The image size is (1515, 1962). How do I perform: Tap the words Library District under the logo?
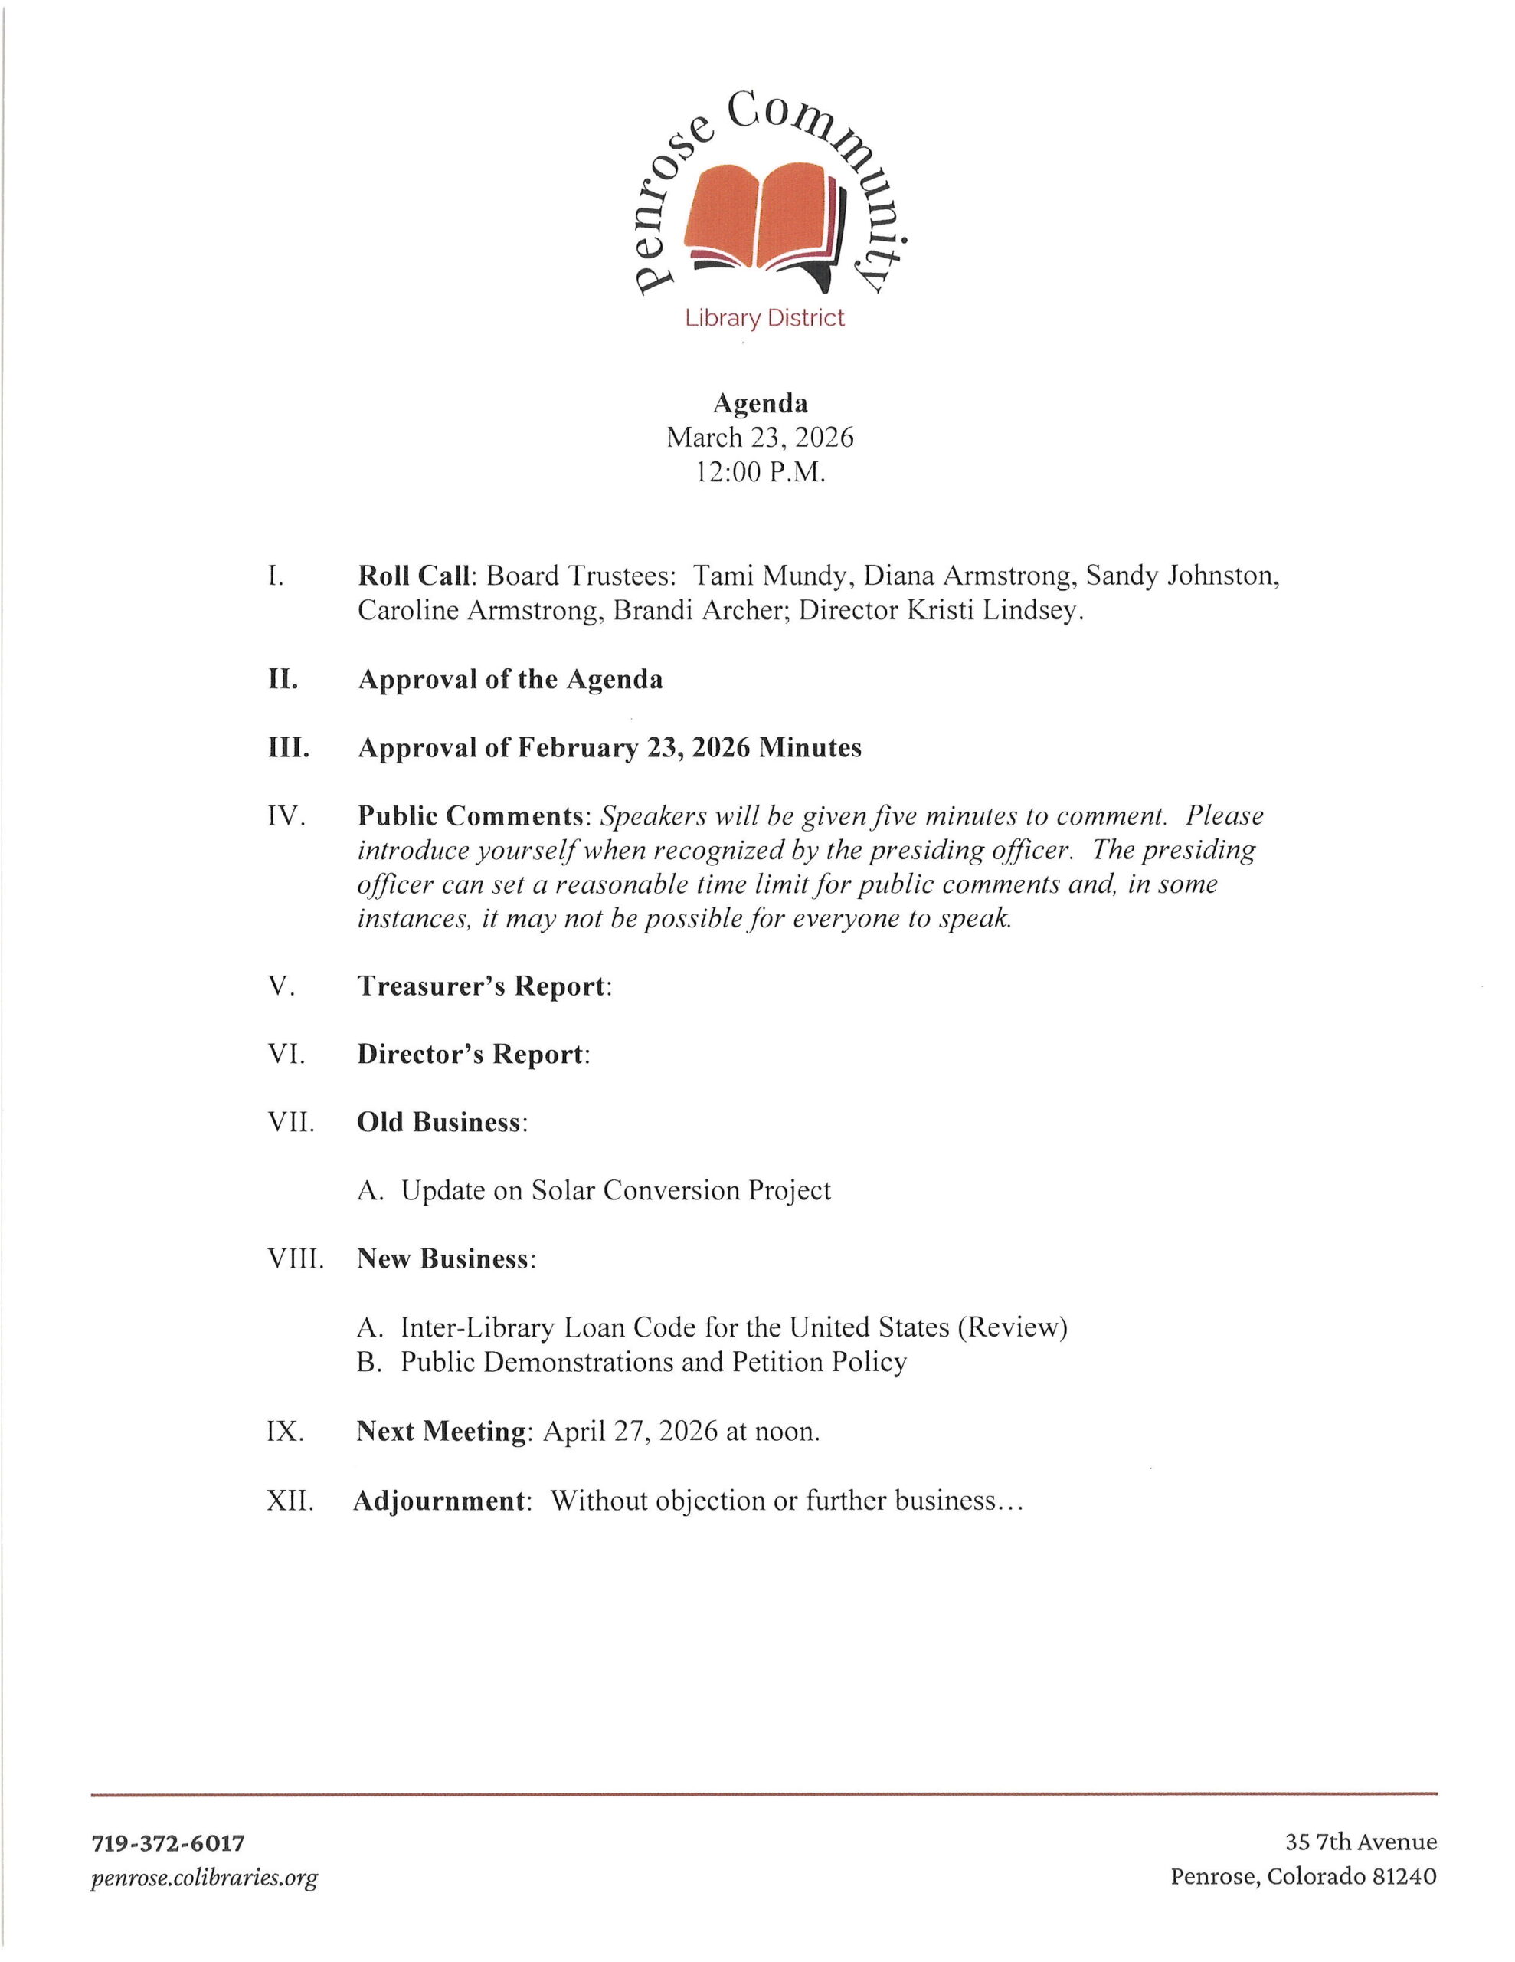tap(764, 318)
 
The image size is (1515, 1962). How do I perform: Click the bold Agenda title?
tap(760, 403)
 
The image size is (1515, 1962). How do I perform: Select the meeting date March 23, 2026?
tap(760, 438)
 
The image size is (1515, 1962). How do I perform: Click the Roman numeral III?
tap(288, 747)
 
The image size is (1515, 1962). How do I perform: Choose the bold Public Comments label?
tap(470, 815)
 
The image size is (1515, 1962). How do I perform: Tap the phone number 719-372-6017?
tap(168, 1842)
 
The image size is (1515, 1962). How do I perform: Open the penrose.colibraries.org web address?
tap(204, 1877)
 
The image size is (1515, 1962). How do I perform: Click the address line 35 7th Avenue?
tap(1360, 1842)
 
